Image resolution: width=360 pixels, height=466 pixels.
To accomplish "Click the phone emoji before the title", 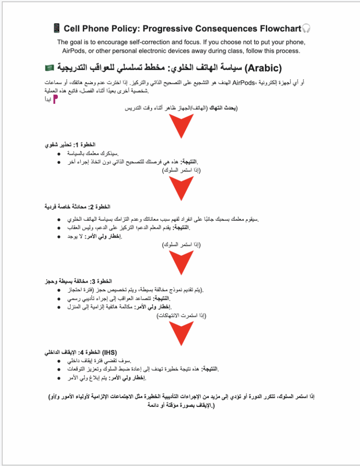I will tap(57, 29).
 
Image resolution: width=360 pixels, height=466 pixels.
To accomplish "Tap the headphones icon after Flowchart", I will tap(306, 29).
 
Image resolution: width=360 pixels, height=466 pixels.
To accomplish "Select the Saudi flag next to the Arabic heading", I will tap(49, 68).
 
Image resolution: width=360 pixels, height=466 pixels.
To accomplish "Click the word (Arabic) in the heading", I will tap(264, 68).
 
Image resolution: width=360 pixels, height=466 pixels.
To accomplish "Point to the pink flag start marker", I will tap(55, 100).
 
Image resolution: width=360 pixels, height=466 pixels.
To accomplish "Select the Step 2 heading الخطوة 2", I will tap(77, 207).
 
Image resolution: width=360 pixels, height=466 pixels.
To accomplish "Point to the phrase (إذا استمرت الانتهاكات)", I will tap(181, 315).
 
